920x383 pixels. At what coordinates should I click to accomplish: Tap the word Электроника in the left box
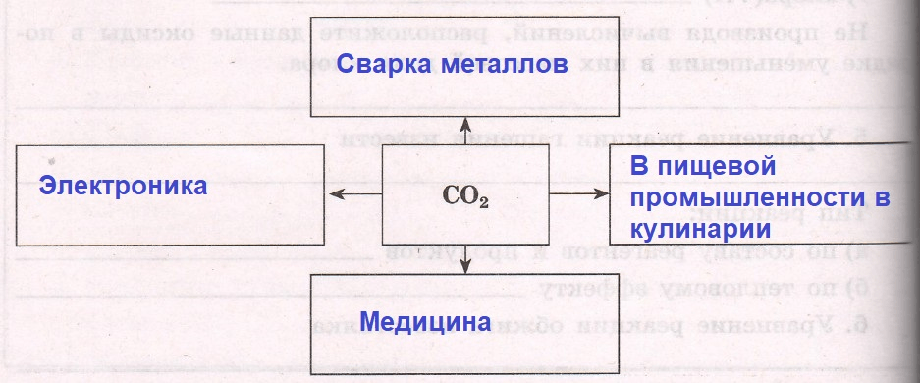123,185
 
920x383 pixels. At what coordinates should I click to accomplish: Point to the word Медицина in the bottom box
425,322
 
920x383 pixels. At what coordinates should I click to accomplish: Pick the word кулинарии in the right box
698,230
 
